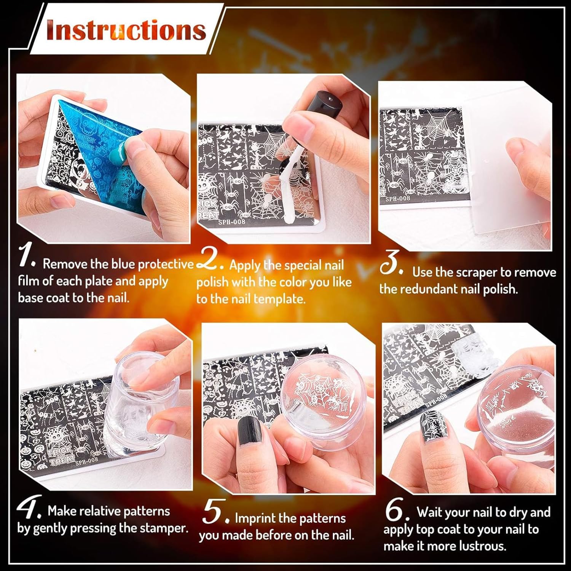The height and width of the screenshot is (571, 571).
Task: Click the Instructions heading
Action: click(126, 30)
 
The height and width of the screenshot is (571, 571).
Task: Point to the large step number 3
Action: click(391, 263)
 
